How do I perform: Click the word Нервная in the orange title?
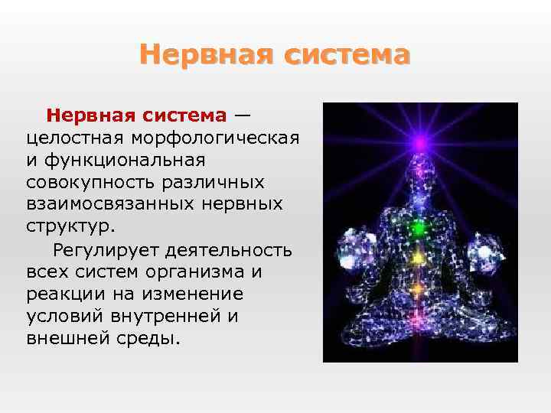pyautogui.click(x=207, y=55)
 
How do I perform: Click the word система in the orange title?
pyautogui.click(x=347, y=55)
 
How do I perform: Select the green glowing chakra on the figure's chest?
pyautogui.click(x=419, y=227)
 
